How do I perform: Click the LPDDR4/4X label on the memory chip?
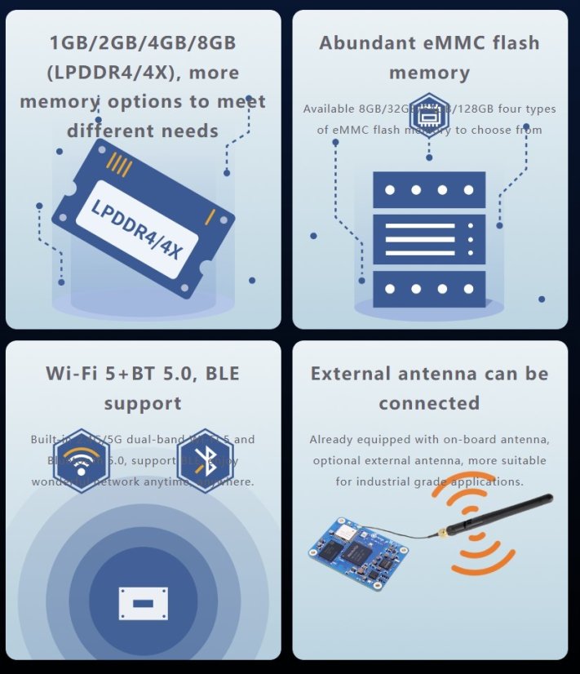[x=137, y=231]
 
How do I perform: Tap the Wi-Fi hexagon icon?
[x=82, y=461]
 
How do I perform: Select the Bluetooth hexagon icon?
[x=205, y=461]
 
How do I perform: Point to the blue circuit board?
[x=359, y=552]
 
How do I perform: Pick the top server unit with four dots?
[x=429, y=190]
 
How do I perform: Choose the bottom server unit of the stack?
[x=429, y=289]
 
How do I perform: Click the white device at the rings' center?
[x=143, y=603]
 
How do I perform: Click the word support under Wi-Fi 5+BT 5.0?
[x=143, y=403]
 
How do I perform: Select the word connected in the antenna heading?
[x=429, y=403]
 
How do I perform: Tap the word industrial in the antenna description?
[x=387, y=482]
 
